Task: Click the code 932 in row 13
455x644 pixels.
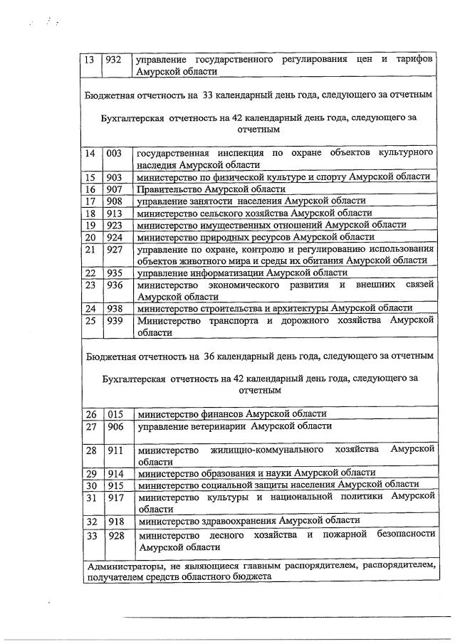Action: pos(114,60)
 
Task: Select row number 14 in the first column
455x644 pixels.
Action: pos(90,154)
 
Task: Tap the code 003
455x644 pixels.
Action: pos(114,154)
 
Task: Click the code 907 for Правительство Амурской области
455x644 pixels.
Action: pos(114,189)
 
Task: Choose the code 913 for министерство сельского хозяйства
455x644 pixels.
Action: pos(114,213)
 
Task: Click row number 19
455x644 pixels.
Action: pos(90,226)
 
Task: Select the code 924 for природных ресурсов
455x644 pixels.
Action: pos(114,238)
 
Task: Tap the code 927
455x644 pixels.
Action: pos(114,250)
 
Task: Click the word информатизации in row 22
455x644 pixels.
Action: pos(221,273)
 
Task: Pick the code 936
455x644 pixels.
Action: pos(114,285)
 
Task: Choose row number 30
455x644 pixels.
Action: pos(91,485)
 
